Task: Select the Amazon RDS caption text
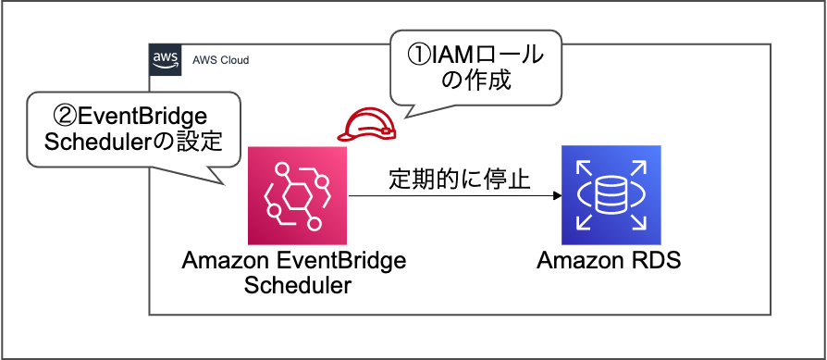point(609,260)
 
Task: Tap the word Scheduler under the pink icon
point(297,285)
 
